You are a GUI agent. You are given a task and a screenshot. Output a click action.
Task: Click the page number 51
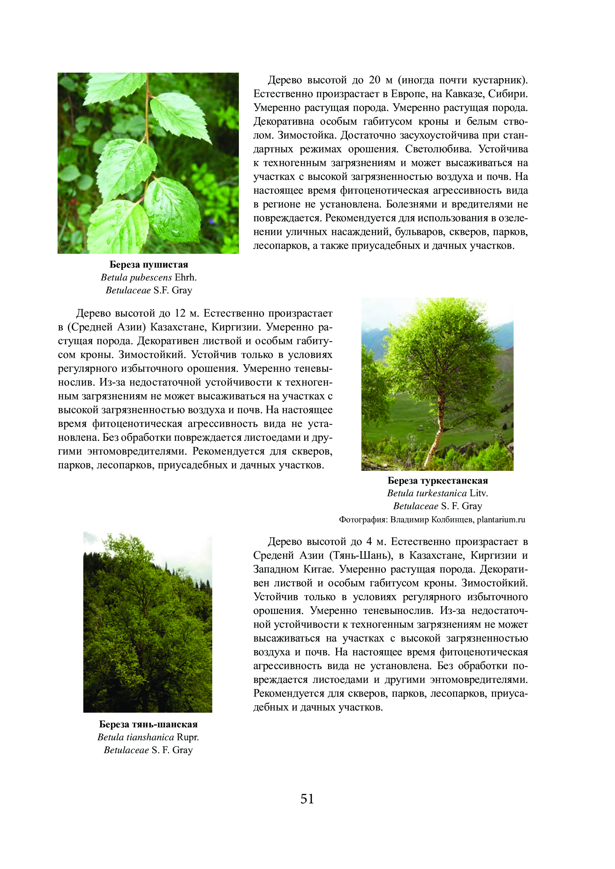(x=307, y=798)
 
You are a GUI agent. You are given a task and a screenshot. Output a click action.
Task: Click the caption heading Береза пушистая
(x=149, y=264)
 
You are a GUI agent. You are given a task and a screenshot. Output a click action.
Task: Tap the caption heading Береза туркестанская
(x=437, y=481)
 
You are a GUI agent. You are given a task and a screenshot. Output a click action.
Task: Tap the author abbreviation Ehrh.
(x=186, y=277)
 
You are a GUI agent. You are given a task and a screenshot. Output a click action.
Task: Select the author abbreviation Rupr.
(x=188, y=737)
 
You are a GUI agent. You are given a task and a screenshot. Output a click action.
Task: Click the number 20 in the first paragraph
(x=374, y=80)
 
